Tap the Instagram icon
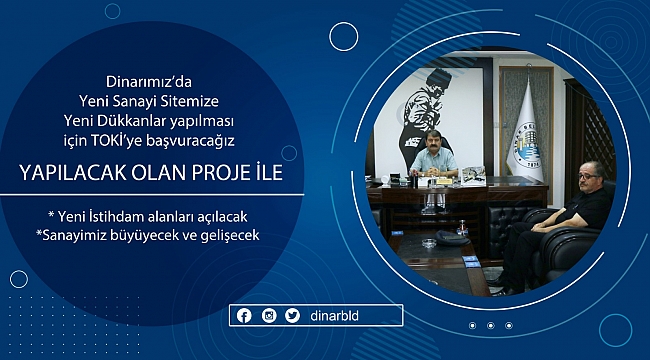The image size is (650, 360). pos(269,316)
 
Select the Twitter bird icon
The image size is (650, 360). pos(292,316)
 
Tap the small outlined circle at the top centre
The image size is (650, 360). pos(344,37)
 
